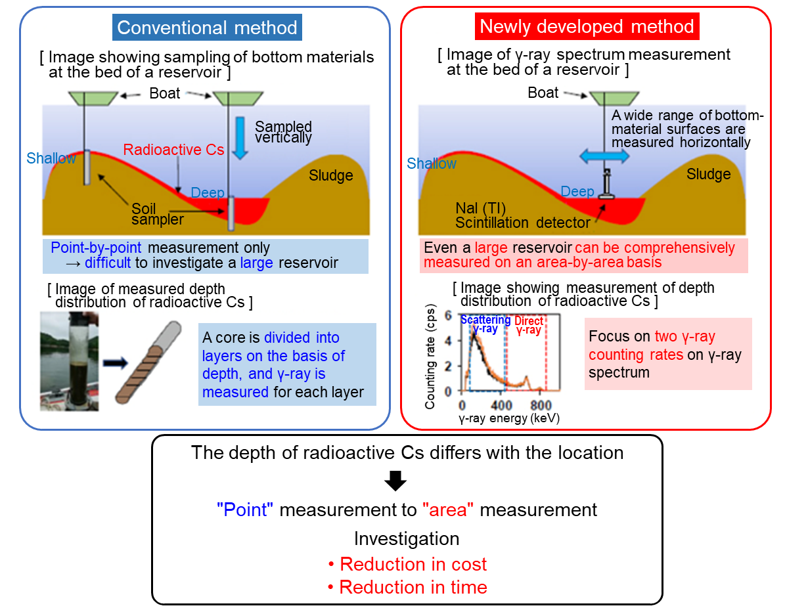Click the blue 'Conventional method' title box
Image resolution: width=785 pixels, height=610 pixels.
[207, 28]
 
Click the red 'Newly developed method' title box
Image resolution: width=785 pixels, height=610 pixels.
[587, 27]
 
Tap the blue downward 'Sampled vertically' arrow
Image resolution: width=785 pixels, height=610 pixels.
[240, 136]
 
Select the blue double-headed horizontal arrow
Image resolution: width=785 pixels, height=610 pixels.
[604, 156]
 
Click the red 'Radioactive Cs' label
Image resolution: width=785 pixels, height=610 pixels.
[174, 150]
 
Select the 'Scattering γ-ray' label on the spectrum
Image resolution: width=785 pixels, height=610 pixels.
[485, 324]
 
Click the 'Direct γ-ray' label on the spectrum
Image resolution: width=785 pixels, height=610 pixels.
[529, 326]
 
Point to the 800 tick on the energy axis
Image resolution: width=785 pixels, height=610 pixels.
[541, 404]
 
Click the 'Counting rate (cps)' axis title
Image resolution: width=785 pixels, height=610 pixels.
[431, 357]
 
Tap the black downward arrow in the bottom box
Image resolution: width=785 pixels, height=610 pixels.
[395, 482]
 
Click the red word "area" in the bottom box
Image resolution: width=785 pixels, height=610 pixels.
[447, 510]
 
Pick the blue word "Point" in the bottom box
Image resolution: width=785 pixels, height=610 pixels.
[245, 510]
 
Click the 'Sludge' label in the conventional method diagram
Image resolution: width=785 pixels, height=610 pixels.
[331, 175]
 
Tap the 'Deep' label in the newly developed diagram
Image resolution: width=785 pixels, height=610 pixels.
[578, 192]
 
